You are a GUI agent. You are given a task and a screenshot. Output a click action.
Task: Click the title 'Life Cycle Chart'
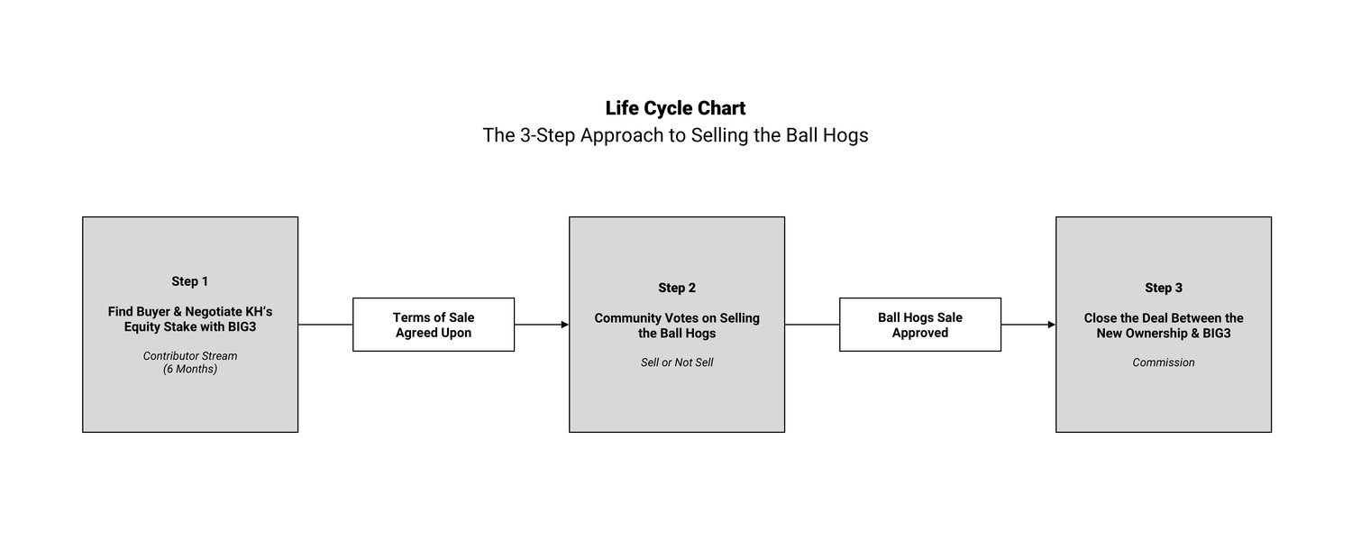pos(675,108)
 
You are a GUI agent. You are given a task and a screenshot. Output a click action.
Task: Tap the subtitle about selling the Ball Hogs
pos(675,135)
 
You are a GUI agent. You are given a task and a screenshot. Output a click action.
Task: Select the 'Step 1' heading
pos(189,281)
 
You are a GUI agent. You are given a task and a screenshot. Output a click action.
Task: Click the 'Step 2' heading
pos(677,288)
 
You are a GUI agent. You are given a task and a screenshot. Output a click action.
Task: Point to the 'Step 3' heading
pos(1164,288)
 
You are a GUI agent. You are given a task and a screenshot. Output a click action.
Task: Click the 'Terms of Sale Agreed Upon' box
pos(434,325)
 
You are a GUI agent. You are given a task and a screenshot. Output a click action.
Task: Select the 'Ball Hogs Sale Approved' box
pos(920,325)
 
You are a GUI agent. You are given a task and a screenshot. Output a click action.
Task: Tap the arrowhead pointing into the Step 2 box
pos(564,325)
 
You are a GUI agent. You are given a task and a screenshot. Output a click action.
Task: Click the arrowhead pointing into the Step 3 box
pos(1051,325)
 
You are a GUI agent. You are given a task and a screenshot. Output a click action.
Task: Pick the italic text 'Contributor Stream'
pos(190,356)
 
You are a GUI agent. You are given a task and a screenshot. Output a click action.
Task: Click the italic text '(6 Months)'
pos(190,369)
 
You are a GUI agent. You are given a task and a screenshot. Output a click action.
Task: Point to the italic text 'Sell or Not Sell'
pos(677,362)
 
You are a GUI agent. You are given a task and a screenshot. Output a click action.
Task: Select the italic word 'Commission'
pos(1164,362)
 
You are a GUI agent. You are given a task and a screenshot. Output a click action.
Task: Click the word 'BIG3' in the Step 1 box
pos(241,326)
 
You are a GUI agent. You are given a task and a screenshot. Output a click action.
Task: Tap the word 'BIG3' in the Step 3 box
pos(1215,333)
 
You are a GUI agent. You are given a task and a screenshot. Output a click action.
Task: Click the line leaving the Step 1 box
pos(324,325)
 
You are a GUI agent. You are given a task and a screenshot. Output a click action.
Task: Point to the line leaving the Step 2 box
pos(811,325)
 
